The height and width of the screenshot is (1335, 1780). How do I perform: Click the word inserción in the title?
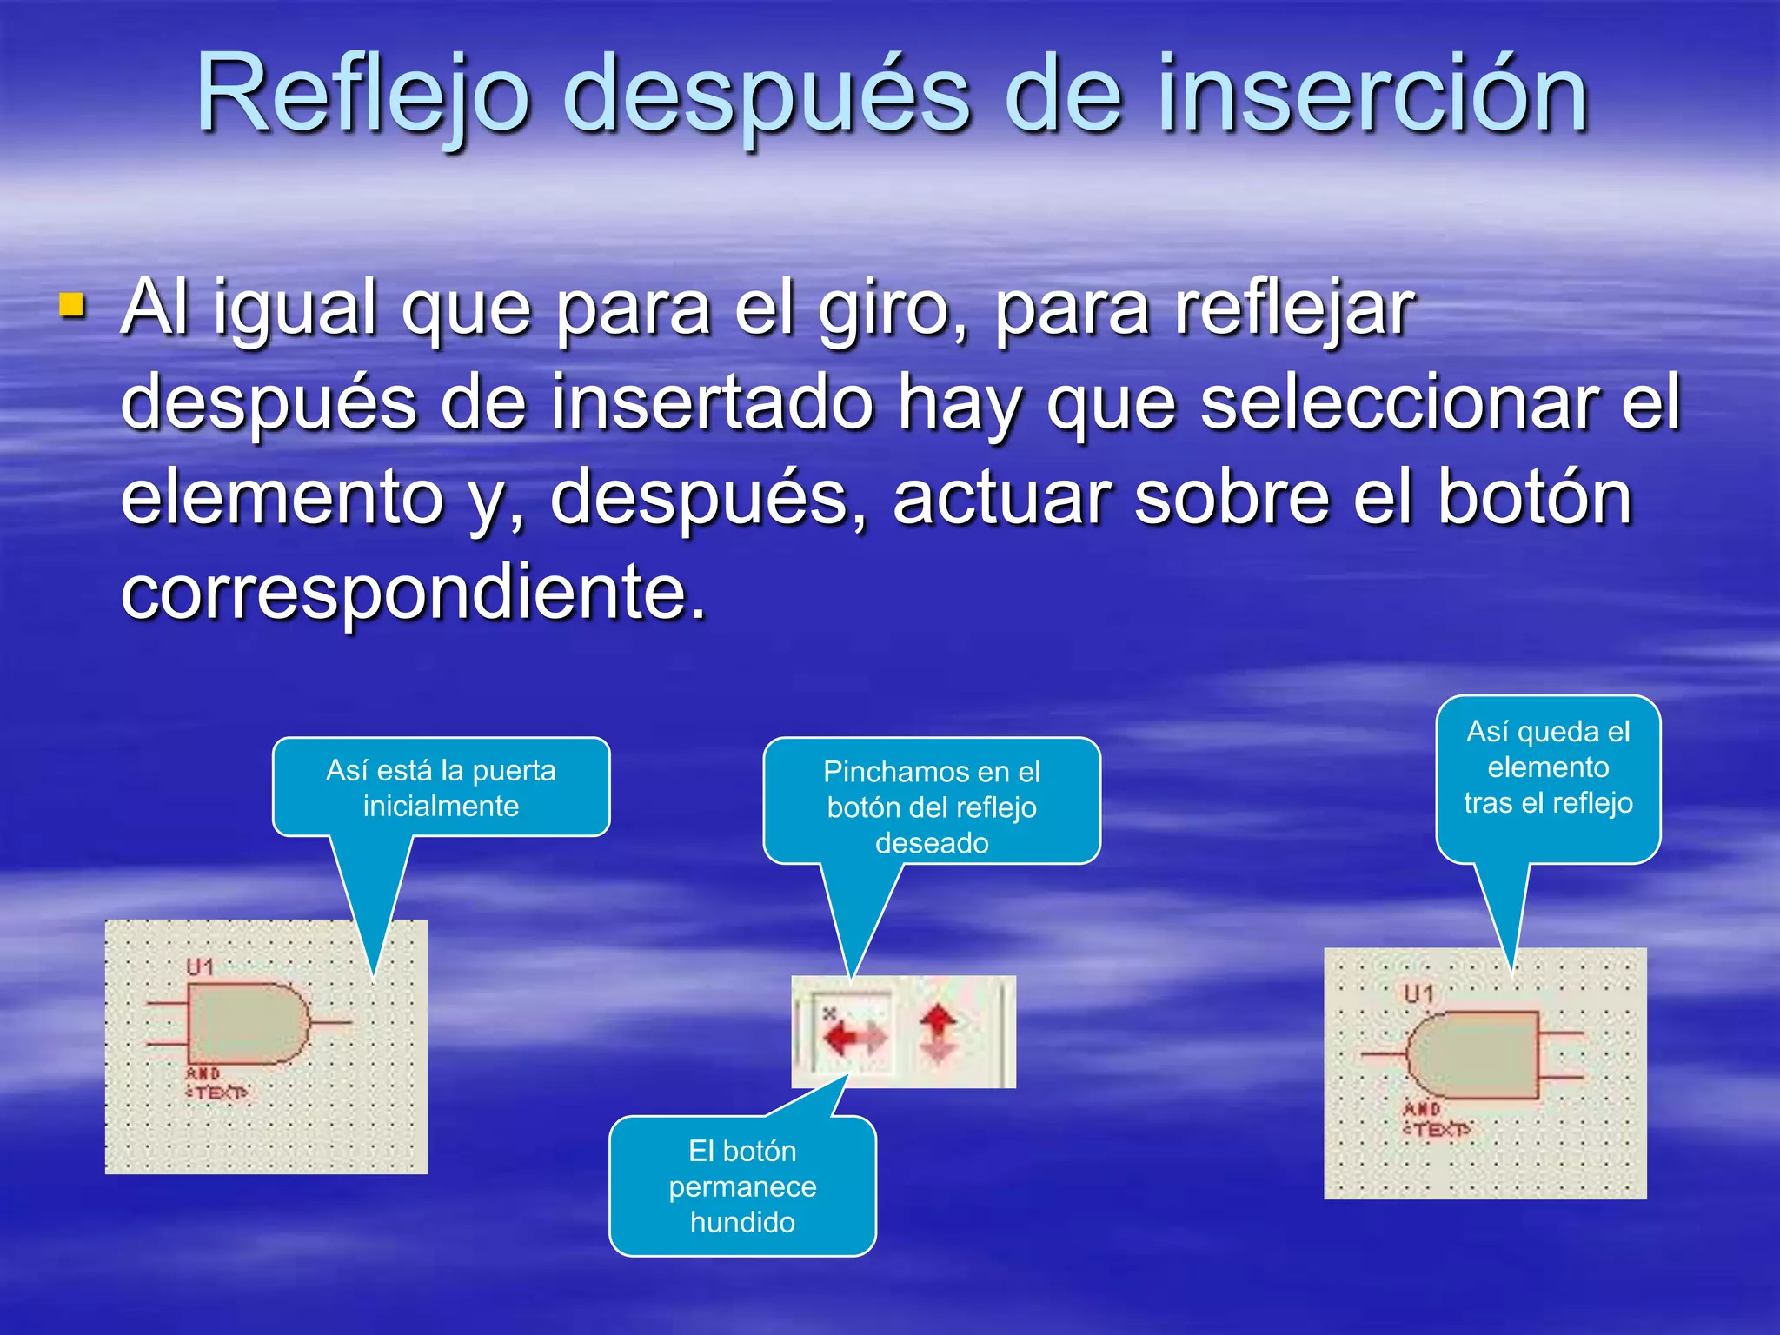click(1373, 94)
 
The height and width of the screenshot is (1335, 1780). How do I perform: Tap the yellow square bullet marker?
click(72, 305)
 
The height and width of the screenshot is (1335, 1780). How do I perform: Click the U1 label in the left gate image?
click(200, 966)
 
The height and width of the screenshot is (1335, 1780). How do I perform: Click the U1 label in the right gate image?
click(1418, 993)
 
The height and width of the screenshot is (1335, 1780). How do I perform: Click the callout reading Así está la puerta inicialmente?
click(441, 787)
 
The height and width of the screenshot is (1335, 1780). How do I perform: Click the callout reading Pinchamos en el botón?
click(932, 806)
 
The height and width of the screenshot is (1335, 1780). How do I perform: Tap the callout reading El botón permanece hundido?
click(742, 1186)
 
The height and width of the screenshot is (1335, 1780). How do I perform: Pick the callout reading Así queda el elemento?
click(1548, 767)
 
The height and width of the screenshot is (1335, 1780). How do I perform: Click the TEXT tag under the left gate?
click(217, 1093)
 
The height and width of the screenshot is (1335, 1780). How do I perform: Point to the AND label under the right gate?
click(1423, 1109)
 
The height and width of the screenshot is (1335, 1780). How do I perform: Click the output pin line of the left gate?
click(330, 1023)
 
